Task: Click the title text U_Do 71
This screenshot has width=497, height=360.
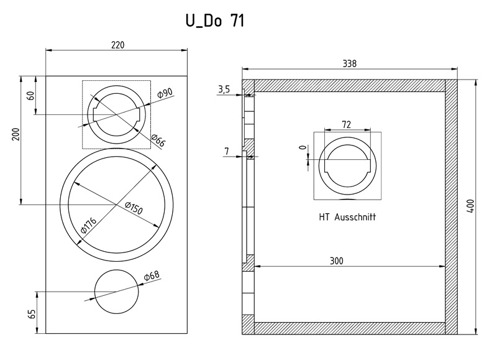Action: pos(215,21)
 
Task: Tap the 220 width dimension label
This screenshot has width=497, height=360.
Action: pos(118,45)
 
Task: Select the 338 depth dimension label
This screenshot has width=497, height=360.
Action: pos(350,64)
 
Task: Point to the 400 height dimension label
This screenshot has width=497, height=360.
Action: pos(471,206)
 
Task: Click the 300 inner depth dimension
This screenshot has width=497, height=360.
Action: pos(337,261)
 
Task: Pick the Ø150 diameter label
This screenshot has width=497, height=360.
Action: pos(134,208)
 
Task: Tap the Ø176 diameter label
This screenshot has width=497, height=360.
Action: pos(88,226)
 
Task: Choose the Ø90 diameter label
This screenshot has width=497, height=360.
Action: pos(165,93)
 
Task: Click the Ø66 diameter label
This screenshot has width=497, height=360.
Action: pos(158,141)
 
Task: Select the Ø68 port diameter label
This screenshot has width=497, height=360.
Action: pos(152,276)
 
